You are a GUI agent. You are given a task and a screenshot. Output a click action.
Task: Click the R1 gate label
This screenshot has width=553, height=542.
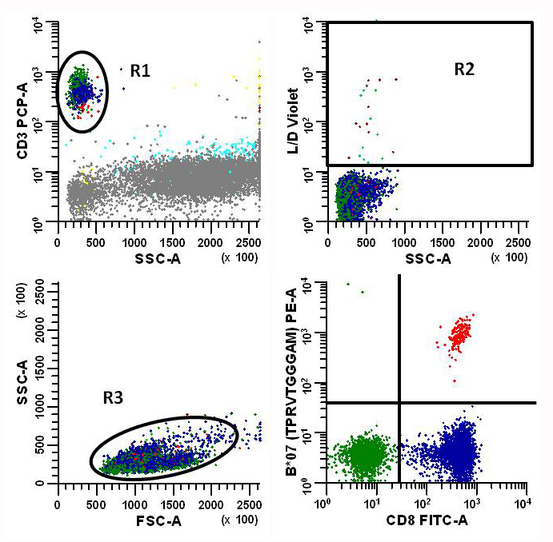click(141, 70)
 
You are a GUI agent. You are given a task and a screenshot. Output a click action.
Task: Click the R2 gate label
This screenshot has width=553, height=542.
click(464, 69)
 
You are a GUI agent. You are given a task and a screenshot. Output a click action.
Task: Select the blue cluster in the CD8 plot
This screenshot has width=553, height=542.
click(459, 449)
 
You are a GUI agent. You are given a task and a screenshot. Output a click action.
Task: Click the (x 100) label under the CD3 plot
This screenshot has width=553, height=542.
click(237, 257)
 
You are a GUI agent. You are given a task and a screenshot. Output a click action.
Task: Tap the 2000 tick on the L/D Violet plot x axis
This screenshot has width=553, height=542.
click(479, 242)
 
